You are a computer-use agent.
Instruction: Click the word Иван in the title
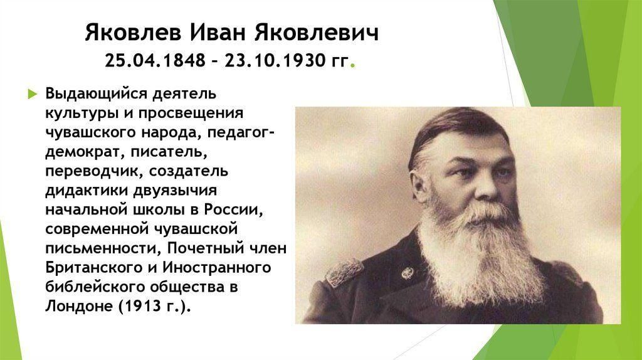pyautogui.click(x=218, y=33)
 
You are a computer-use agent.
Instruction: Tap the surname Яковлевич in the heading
pyautogui.click(x=316, y=33)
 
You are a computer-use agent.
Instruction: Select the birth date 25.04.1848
pyautogui.click(x=155, y=61)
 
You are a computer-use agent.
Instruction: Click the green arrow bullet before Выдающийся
pyautogui.click(x=33, y=94)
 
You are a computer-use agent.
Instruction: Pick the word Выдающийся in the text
pyautogui.click(x=96, y=94)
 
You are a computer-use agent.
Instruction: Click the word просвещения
pyautogui.click(x=191, y=114)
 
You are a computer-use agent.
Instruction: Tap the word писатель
pyautogui.click(x=169, y=152)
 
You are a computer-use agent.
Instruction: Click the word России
pyautogui.click(x=233, y=209)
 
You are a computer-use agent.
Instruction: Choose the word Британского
pyautogui.click(x=93, y=268)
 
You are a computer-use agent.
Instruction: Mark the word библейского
pyautogui.click(x=94, y=287)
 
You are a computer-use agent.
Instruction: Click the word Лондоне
pyautogui.click(x=78, y=306)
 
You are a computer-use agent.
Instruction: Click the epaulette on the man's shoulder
pyautogui.click(x=344, y=271)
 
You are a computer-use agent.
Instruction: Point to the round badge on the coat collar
pyautogui.click(x=408, y=273)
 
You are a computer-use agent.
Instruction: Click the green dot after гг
pyautogui.click(x=353, y=65)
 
